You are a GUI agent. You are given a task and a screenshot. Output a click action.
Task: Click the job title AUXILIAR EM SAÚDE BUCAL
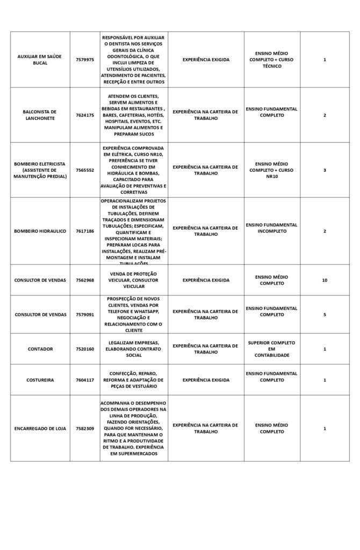click(x=40, y=60)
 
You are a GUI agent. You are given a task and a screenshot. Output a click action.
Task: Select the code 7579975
click(x=84, y=60)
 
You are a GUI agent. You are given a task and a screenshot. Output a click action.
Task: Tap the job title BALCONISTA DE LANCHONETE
click(x=40, y=115)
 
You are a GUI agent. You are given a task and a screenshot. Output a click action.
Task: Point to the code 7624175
click(x=84, y=115)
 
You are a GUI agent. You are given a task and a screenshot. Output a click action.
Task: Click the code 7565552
click(x=84, y=170)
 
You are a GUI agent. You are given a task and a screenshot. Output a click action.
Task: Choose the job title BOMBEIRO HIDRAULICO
click(x=40, y=231)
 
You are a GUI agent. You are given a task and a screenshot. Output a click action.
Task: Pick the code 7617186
click(x=84, y=231)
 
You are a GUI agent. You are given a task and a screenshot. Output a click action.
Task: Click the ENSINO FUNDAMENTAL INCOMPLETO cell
click(x=271, y=228)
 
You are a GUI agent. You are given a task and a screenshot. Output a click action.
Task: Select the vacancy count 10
click(x=324, y=280)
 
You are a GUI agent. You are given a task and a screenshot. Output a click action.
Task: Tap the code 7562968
click(x=84, y=280)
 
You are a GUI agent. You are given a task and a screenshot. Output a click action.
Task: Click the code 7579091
click(x=84, y=314)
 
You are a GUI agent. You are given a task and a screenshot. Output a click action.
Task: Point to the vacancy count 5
click(x=324, y=314)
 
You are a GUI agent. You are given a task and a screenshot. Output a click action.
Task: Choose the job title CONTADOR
click(x=40, y=349)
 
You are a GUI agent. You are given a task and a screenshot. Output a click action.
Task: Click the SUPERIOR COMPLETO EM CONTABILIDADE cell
click(x=271, y=349)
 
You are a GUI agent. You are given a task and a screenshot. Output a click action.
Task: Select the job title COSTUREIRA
click(x=40, y=380)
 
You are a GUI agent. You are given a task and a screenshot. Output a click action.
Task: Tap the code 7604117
click(x=84, y=380)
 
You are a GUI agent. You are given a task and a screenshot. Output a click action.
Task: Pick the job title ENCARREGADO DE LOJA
click(x=40, y=429)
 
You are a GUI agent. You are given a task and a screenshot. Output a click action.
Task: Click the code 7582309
click(x=84, y=429)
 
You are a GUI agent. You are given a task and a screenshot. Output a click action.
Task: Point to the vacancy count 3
click(x=324, y=170)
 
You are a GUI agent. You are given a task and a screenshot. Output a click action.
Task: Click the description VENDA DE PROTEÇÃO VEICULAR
click(x=133, y=280)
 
